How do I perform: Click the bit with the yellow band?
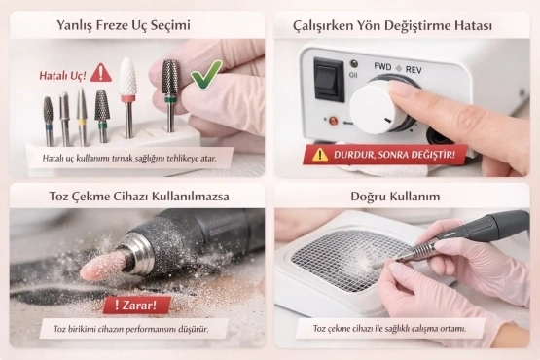(82, 112)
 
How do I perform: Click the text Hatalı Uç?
(62, 74)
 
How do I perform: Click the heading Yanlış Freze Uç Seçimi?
(135, 21)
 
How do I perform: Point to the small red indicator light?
(333, 123)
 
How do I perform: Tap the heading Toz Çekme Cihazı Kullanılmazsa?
(135, 197)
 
